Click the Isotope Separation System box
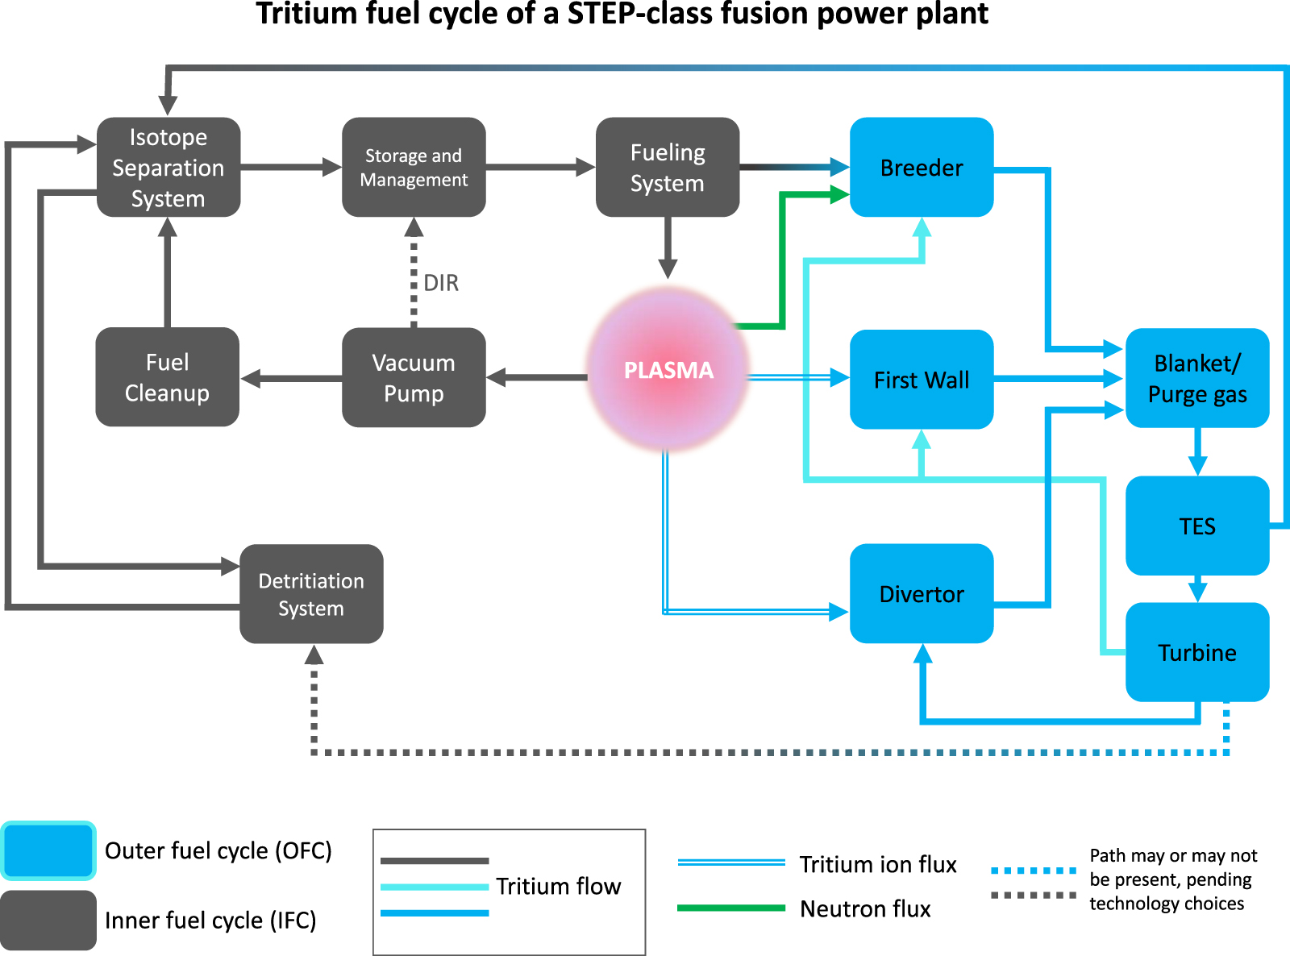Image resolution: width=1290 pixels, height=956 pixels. coord(169,168)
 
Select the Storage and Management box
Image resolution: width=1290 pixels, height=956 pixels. coord(414,168)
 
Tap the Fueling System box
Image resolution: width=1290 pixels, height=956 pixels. coord(668,168)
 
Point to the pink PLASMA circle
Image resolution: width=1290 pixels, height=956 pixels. coord(668,370)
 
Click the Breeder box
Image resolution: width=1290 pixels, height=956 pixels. coord(922,168)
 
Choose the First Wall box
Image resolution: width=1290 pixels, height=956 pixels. coord(922,380)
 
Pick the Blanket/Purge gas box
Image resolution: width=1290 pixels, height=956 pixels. coord(1197,378)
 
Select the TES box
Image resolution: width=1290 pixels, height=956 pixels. coord(1197,526)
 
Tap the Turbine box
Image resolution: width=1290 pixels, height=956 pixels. coord(1197,652)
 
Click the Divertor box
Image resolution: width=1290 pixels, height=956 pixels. coord(922,594)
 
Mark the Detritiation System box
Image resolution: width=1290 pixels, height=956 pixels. coord(311,594)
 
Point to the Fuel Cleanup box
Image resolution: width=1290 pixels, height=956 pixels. coord(167,377)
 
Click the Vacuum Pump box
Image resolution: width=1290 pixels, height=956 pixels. coord(414,377)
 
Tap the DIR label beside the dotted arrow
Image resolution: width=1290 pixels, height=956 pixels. coord(441,283)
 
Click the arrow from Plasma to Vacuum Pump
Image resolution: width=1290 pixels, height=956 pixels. coord(536,377)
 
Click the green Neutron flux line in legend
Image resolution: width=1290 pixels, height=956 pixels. coord(730,908)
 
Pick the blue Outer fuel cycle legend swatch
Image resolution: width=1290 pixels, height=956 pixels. coord(48,850)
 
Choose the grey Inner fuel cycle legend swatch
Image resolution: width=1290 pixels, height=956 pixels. coord(48,920)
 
